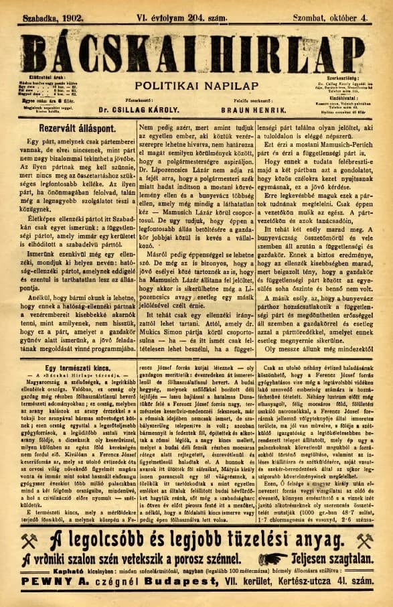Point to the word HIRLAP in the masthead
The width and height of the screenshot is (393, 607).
285,54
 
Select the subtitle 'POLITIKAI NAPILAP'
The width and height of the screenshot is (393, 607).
196,85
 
